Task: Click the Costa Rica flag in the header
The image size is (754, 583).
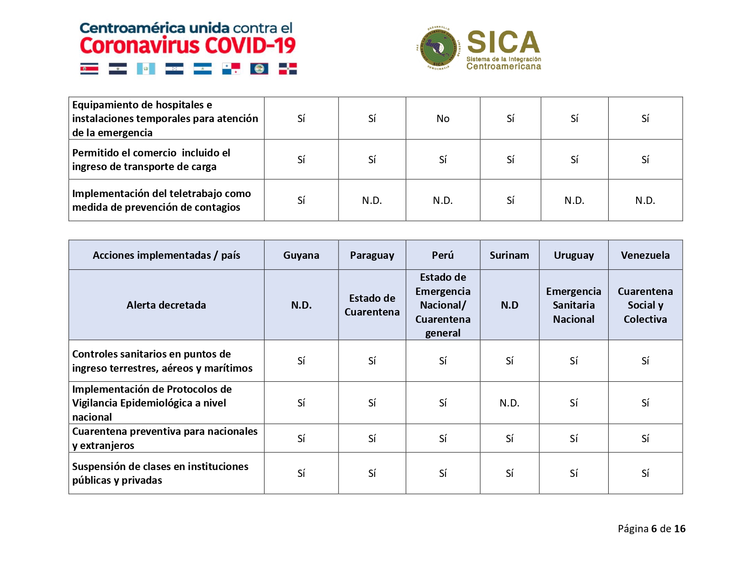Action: pyautogui.click(x=89, y=69)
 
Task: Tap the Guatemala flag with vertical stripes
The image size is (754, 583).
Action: pyautogui.click(x=146, y=69)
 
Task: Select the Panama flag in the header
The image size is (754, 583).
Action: pyautogui.click(x=231, y=69)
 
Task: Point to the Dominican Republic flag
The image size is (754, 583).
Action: pyautogui.click(x=288, y=69)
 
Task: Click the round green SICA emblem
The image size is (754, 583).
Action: pyautogui.click(x=438, y=48)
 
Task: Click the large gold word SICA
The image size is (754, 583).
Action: pyautogui.click(x=504, y=42)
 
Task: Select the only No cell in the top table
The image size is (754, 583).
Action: pyautogui.click(x=443, y=118)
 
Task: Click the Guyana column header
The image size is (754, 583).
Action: pyautogui.click(x=301, y=255)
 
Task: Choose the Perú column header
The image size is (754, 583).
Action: pyautogui.click(x=443, y=255)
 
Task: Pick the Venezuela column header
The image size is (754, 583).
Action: pyautogui.click(x=645, y=255)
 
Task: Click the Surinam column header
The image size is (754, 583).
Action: pyautogui.click(x=510, y=255)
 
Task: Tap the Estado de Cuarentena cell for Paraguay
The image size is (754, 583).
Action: pyautogui.click(x=372, y=305)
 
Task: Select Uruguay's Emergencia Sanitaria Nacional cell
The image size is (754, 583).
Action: pyautogui.click(x=573, y=305)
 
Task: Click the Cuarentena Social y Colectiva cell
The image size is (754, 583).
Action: pyautogui.click(x=645, y=305)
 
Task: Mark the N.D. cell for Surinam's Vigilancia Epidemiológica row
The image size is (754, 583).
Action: pyautogui.click(x=510, y=403)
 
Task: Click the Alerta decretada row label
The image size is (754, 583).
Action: pyautogui.click(x=166, y=305)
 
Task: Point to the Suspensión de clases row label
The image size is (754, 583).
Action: pyautogui.click(x=160, y=473)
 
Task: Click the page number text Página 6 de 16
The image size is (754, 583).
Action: pyautogui.click(x=651, y=529)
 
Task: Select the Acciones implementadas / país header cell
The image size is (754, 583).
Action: pyautogui.click(x=166, y=255)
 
